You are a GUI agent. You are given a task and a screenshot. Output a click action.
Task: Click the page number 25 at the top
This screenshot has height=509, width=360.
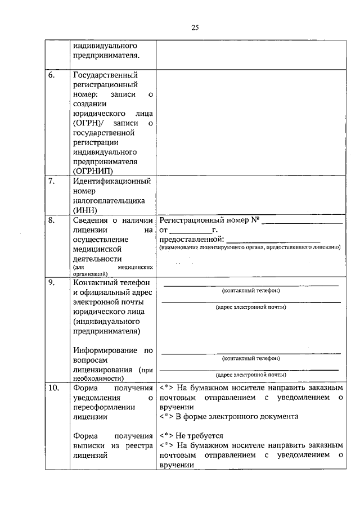195,26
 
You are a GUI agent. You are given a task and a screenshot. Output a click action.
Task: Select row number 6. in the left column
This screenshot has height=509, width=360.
51,75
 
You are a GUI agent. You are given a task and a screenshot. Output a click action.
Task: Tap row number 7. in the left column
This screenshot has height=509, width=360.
51,181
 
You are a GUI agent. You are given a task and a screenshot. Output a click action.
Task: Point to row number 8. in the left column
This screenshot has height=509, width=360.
51,220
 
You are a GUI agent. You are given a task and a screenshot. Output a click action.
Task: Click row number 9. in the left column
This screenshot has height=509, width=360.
51,282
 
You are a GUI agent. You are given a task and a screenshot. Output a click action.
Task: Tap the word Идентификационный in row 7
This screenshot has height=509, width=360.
111,181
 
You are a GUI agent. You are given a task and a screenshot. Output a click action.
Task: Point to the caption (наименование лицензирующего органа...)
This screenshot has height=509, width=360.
249,247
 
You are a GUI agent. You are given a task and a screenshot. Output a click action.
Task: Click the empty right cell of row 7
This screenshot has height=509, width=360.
250,196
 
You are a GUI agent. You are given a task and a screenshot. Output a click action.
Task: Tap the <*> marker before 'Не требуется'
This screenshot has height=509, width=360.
166,435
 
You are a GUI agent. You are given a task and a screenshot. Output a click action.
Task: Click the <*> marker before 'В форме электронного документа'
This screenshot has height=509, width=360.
166,417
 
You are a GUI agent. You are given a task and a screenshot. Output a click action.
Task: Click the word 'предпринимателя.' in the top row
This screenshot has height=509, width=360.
106,55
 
